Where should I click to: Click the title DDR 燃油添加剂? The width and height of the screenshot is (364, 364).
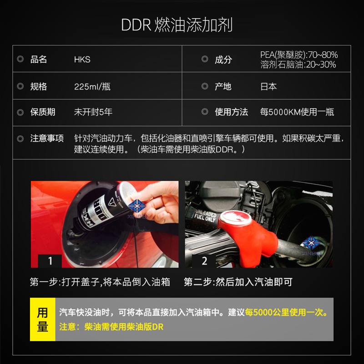point(177,25)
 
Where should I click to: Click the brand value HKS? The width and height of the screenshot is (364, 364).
point(82,60)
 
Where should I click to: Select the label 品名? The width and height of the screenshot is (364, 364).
point(39,60)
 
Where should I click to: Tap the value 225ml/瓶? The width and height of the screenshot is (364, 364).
point(92,86)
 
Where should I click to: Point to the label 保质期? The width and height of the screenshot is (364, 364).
point(43,112)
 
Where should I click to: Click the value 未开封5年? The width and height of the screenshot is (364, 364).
point(93,112)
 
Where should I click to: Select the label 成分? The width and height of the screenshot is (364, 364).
point(223,60)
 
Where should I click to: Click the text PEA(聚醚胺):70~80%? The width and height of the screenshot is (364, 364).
point(299,55)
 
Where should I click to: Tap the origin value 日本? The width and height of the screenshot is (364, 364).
point(268,86)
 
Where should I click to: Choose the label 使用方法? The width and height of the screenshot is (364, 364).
point(232,112)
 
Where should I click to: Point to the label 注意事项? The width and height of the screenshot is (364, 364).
point(47,138)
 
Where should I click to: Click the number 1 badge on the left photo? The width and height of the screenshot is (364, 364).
point(51,261)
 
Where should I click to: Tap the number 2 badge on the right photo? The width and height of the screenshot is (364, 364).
point(204,261)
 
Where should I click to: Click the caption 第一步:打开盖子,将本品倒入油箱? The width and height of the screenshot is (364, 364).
point(100,282)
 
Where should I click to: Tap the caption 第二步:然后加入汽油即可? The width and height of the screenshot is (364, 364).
point(238,282)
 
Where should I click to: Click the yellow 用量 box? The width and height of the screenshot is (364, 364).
point(42,319)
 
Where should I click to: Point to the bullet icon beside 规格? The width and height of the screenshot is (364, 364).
point(20,86)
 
